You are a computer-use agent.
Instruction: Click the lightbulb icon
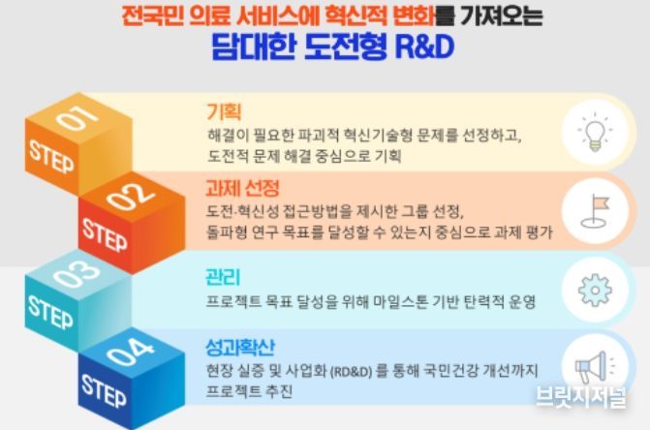click(x=595, y=132)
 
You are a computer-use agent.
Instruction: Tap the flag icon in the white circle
click(x=595, y=211)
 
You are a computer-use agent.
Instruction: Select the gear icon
click(x=595, y=290)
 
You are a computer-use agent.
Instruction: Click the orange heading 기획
click(x=224, y=111)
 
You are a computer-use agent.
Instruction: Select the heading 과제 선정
click(x=242, y=189)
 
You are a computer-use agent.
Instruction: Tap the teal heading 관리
click(x=223, y=277)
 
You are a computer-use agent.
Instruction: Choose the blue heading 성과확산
click(x=240, y=347)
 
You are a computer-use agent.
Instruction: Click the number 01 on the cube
click(x=77, y=117)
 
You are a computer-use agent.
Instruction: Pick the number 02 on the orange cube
click(x=130, y=197)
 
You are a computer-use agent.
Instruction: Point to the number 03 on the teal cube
click(x=77, y=274)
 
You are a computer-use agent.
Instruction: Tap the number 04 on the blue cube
click(x=130, y=353)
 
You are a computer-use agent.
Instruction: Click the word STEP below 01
click(x=51, y=157)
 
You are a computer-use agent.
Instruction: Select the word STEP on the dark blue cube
click(x=104, y=391)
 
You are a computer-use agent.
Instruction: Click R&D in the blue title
click(x=424, y=46)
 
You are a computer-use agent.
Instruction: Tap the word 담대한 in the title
click(x=254, y=46)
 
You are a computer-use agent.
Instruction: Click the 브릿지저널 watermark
click(x=581, y=397)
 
